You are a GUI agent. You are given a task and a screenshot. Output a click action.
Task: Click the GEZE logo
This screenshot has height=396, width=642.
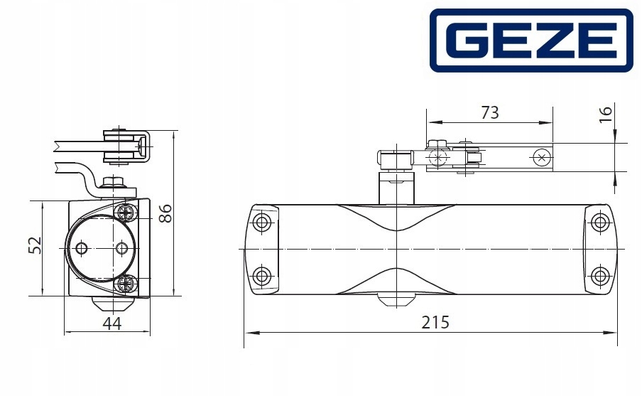(531, 41)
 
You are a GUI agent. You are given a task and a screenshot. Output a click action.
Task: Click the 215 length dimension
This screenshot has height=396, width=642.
(435, 323)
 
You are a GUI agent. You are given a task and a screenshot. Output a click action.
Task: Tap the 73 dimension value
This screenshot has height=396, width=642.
(490, 112)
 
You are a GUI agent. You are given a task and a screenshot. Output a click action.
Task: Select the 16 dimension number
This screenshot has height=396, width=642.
(606, 114)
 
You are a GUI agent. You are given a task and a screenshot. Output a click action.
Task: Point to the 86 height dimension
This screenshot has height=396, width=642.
(165, 213)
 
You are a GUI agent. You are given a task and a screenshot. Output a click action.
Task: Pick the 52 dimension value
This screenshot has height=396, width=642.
(36, 245)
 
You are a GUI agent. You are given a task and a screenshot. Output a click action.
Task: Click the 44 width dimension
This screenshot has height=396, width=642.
(111, 323)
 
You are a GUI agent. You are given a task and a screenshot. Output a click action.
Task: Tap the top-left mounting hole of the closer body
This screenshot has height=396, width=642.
(261, 223)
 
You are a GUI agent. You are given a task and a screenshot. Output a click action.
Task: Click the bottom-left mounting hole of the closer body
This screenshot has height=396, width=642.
(261, 275)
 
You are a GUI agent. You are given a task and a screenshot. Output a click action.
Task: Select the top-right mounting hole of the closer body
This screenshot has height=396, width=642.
(600, 223)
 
